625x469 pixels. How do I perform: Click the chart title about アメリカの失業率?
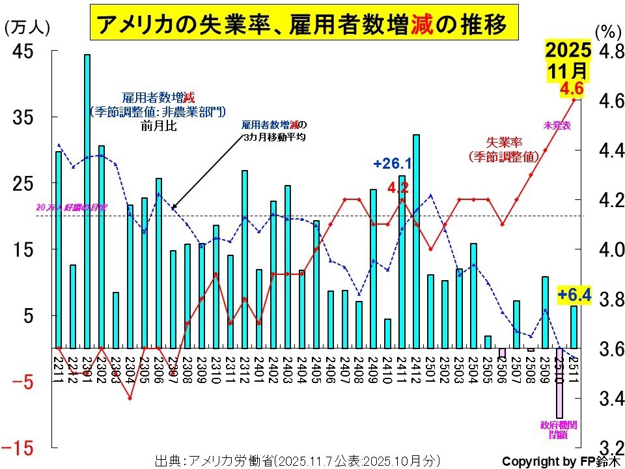302,25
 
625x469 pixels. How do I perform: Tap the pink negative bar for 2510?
559,383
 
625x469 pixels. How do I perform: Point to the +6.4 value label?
574,296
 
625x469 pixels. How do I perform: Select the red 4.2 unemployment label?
398,188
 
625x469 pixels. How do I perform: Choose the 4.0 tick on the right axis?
611,250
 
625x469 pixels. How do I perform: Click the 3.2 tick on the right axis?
611,448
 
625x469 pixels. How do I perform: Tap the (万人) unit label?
27,27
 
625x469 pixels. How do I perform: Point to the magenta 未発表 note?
557,125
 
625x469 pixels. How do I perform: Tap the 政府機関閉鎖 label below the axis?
559,430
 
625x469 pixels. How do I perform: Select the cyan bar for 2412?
416,241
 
